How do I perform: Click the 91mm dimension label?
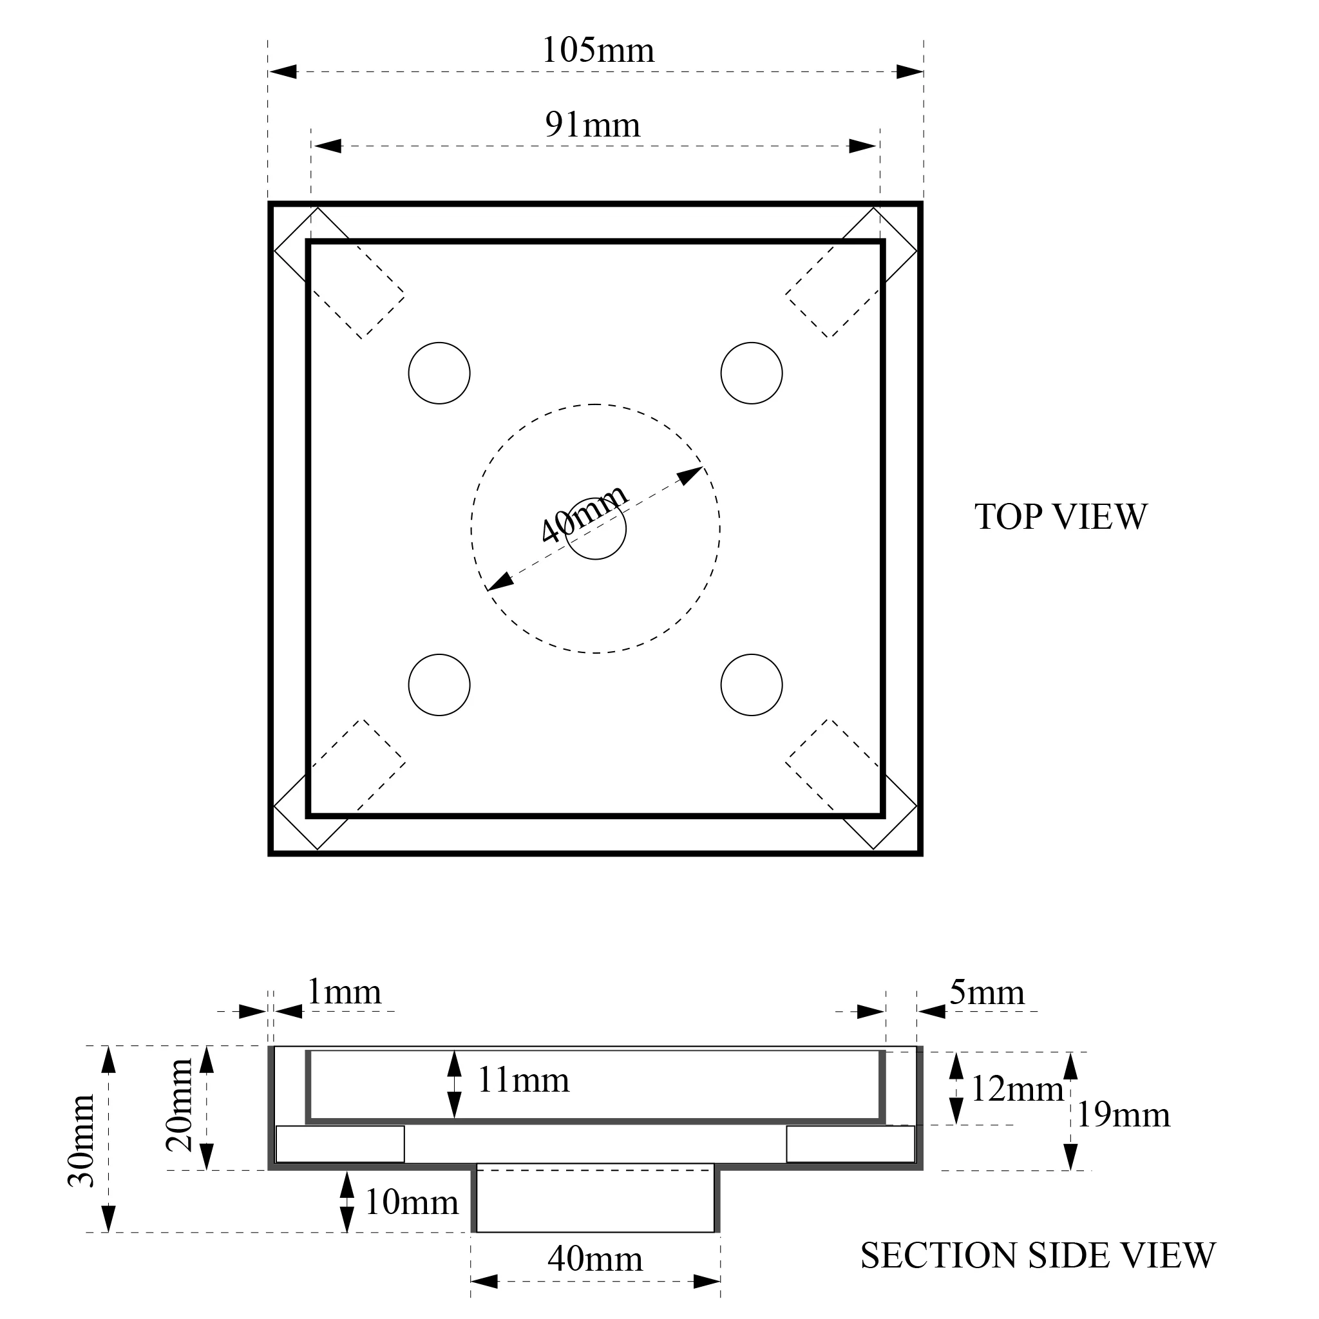[593, 125]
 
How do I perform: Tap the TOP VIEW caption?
[1060, 517]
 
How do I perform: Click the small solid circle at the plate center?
[596, 530]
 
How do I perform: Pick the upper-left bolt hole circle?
[439, 374]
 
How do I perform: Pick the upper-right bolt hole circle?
[751, 374]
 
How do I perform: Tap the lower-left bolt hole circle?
[439, 685]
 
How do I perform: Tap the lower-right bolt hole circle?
[751, 685]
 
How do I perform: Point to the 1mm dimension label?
[344, 992]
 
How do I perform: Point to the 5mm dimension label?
[987, 992]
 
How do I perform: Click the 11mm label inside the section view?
[523, 1081]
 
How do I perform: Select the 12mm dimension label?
[1016, 1089]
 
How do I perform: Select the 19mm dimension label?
[1123, 1115]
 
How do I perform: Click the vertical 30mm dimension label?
[82, 1141]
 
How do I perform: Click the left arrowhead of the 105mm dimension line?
[283, 71]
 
